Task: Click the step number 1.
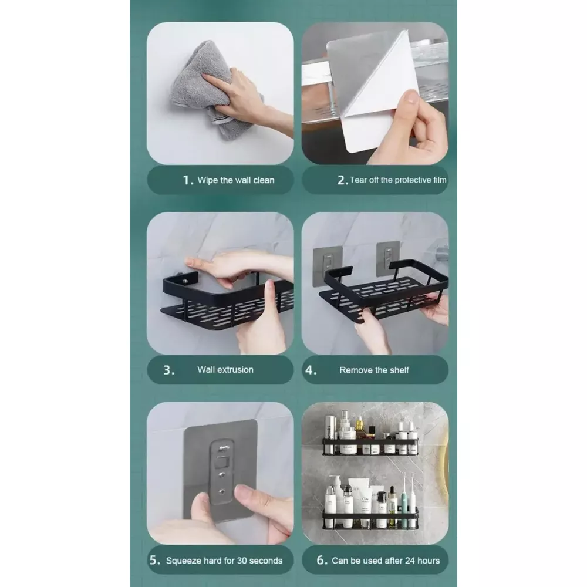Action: [x=188, y=180]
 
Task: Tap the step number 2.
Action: [x=343, y=180]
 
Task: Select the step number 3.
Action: [x=169, y=370]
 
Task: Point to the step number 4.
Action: [x=311, y=370]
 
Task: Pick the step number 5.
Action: [x=154, y=560]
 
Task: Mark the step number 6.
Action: [x=322, y=560]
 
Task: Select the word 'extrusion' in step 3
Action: [x=236, y=370]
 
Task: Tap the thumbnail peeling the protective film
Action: [x=412, y=97]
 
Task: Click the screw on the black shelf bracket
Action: [x=185, y=281]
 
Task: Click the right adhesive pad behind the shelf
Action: [x=388, y=259]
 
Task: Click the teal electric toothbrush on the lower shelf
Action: [x=404, y=498]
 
